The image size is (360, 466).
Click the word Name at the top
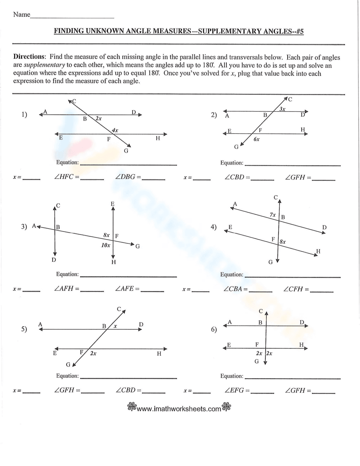click(22, 15)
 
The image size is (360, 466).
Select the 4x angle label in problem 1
click(115, 130)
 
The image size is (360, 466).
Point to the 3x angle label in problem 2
click(282, 109)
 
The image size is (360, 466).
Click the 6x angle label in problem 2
click(256, 139)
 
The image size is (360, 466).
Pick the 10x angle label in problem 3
click(105, 245)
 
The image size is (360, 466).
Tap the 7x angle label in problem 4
click(273, 215)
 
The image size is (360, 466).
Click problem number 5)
click(24, 329)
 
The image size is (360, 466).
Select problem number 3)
click(24, 227)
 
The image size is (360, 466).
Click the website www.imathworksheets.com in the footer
click(179, 409)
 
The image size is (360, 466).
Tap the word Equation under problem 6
click(231, 376)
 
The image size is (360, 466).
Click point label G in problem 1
click(126, 151)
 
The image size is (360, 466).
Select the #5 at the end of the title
click(299, 31)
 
